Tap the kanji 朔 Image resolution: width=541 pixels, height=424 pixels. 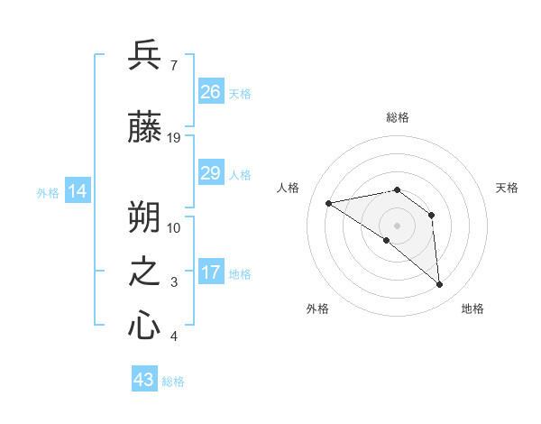pyautogui.click(x=144, y=216)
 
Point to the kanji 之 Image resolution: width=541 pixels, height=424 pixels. pyautogui.click(x=144, y=273)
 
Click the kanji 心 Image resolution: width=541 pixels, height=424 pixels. pyautogui.click(x=144, y=325)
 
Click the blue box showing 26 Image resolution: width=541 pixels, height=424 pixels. pyautogui.click(x=211, y=91)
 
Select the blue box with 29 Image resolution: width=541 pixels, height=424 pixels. pyautogui.click(x=211, y=173)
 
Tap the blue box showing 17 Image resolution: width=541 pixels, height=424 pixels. pyautogui.click(x=211, y=272)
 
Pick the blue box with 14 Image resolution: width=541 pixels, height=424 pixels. pyautogui.click(x=78, y=191)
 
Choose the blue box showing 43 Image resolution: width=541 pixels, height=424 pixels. pyautogui.click(x=144, y=380)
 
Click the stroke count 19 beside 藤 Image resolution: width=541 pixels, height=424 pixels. pyautogui.click(x=174, y=138)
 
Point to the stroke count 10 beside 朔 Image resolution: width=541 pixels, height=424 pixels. pyautogui.click(x=174, y=227)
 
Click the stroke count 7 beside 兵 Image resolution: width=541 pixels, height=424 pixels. pyautogui.click(x=173, y=65)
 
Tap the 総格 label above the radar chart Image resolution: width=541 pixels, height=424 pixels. pyautogui.click(x=397, y=117)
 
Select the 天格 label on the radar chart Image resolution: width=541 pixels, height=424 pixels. pyautogui.click(x=508, y=188)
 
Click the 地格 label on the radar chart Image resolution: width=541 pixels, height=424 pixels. pyautogui.click(x=472, y=309)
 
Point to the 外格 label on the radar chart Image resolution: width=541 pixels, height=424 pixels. pyautogui.click(x=317, y=309)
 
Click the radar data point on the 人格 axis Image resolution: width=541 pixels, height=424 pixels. pyautogui.click(x=329, y=203)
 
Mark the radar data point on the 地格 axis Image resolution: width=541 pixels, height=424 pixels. pyautogui.click(x=440, y=285)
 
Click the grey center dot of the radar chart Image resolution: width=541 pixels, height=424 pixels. pyautogui.click(x=397, y=225)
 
